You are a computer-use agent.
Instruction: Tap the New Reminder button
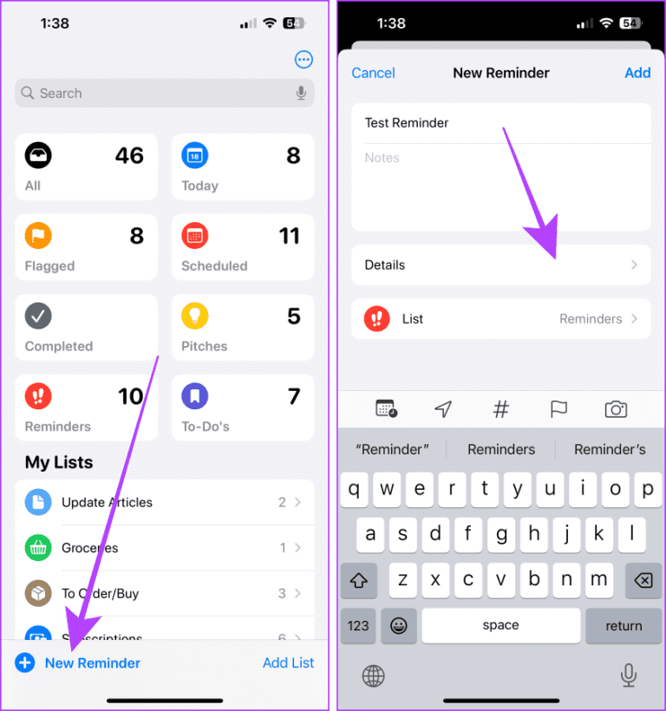tap(92, 663)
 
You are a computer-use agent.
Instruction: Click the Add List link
tap(288, 663)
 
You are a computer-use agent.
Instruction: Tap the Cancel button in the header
tap(373, 73)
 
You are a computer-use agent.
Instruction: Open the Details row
tap(500, 265)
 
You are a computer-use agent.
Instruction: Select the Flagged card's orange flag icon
tap(38, 235)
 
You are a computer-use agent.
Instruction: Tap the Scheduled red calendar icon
tap(194, 235)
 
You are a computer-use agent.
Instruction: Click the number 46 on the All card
tap(129, 156)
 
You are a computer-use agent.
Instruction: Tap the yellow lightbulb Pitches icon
tap(194, 316)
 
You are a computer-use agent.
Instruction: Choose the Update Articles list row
tap(165, 503)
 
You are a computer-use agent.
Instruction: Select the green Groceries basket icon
tap(38, 548)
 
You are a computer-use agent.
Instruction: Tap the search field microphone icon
tap(301, 94)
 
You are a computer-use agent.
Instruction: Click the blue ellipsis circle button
tap(304, 60)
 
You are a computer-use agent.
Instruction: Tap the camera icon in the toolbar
tap(616, 409)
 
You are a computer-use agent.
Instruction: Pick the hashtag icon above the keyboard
tap(501, 409)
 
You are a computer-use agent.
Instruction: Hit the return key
tap(624, 625)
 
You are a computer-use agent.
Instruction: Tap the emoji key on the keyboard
tap(399, 625)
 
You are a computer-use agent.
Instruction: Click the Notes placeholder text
tap(382, 158)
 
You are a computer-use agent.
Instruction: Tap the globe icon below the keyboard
tap(374, 675)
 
